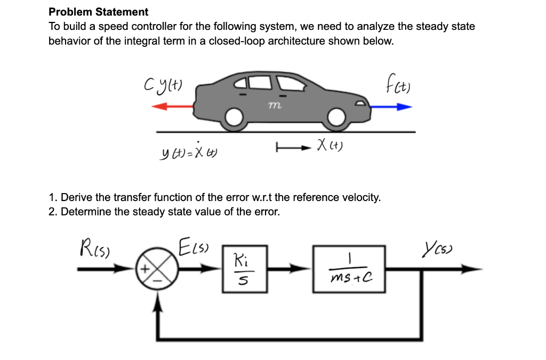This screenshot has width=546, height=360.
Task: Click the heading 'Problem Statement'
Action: pos(99,12)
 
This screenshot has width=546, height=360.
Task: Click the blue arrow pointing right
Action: pos(391,107)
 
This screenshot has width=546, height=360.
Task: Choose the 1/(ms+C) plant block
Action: pos(349,269)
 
